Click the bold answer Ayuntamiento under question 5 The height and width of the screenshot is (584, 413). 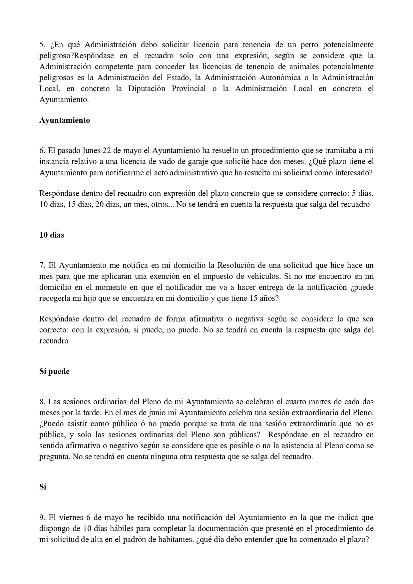point(65,120)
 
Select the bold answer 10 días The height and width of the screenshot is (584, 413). point(52,235)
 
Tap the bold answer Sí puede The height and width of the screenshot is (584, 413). point(54,371)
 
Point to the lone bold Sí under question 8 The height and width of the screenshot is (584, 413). point(43,487)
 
